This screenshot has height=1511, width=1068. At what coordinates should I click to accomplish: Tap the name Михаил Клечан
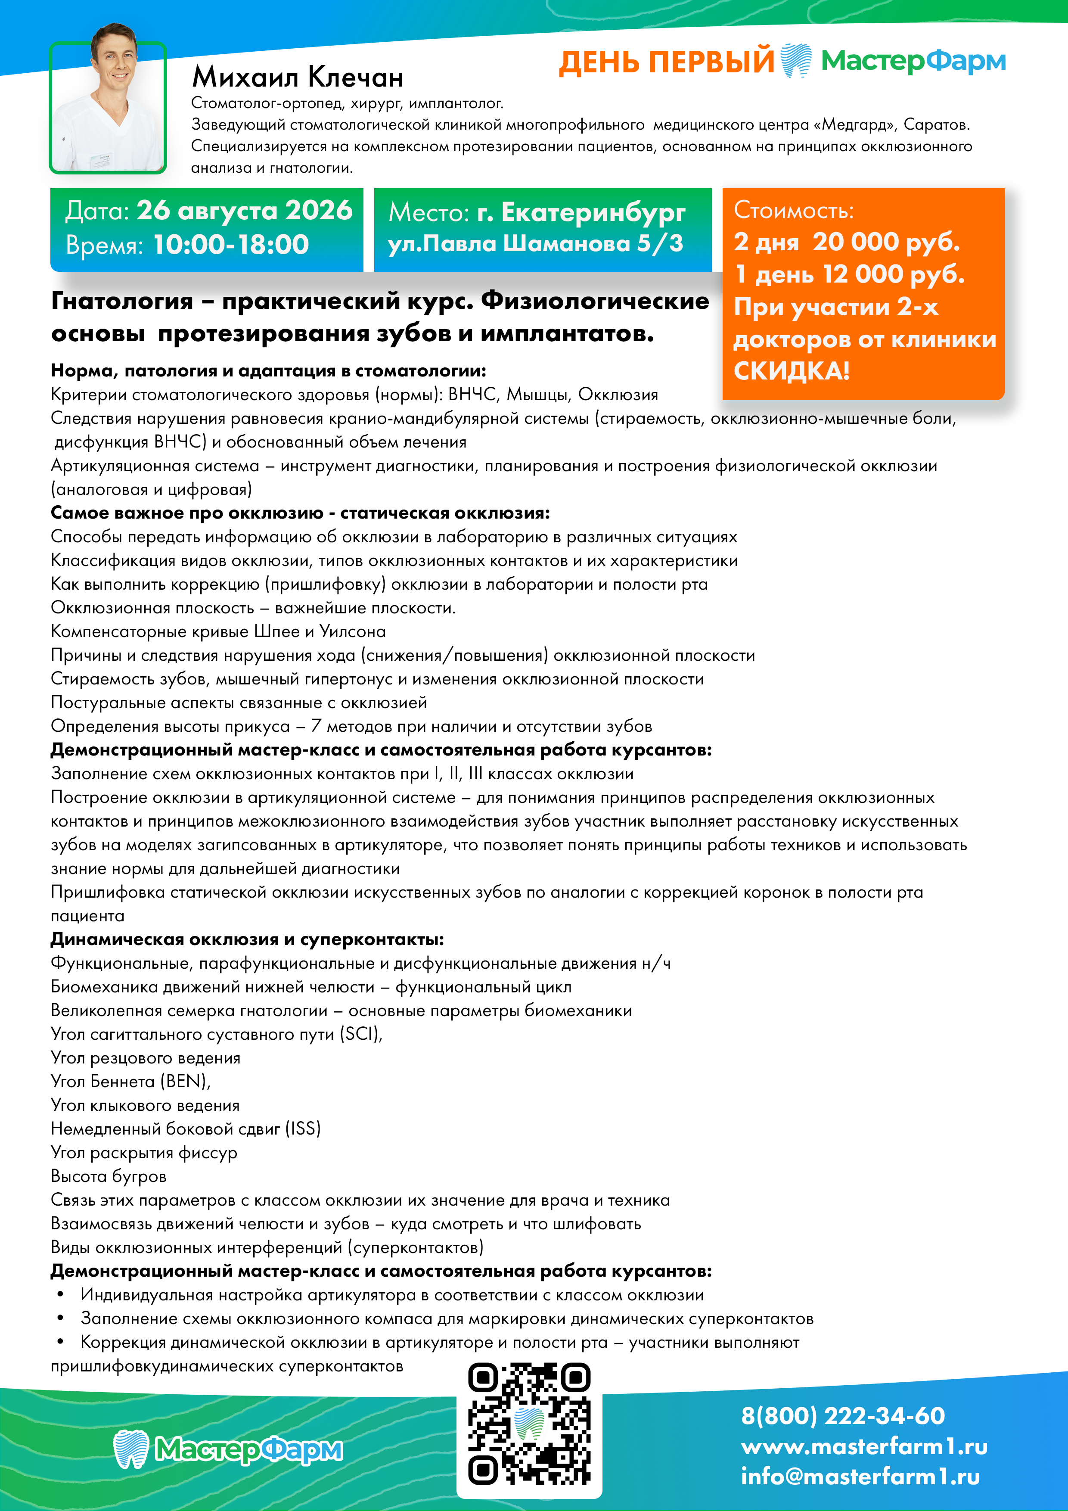(298, 78)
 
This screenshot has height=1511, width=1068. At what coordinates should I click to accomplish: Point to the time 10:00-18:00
(231, 245)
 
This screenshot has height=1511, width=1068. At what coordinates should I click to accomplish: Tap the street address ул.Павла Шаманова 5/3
(535, 243)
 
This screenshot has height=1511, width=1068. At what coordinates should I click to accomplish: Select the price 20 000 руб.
(886, 242)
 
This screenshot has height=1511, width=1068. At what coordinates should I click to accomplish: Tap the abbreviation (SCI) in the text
(360, 1033)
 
